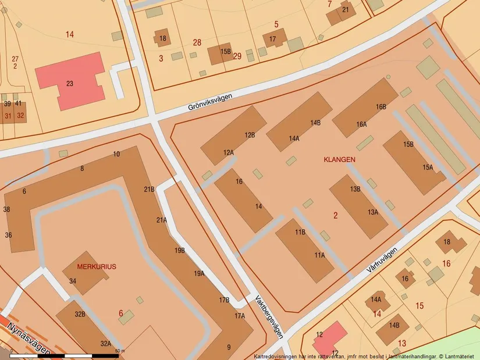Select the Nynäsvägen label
(26, 340)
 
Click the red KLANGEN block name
(339, 159)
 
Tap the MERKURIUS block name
(96, 266)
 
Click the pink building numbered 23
(70, 84)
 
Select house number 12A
(228, 152)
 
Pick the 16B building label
(381, 107)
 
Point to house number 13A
(373, 212)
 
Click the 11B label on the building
(300, 232)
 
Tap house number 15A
(428, 167)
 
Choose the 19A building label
(199, 273)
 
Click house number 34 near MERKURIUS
(73, 281)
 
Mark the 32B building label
(80, 314)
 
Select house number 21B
(149, 189)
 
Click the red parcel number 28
(197, 42)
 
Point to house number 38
(7, 209)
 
